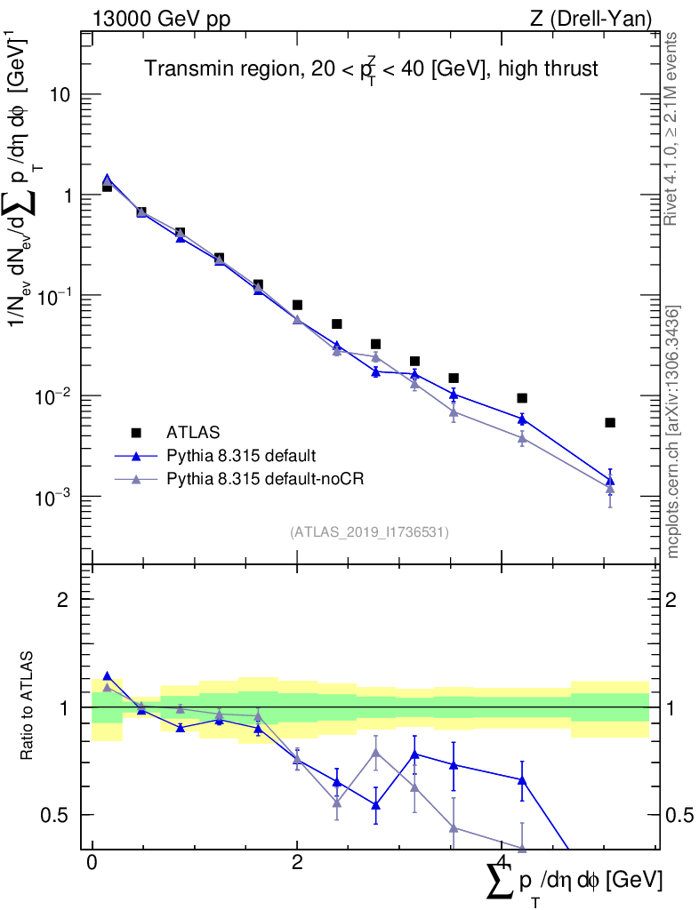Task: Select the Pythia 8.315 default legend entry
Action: (x=240, y=456)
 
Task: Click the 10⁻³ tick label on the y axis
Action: (x=52, y=496)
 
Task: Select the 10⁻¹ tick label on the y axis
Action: (x=52, y=295)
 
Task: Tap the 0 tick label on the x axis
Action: (x=92, y=864)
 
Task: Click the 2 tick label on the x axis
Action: (x=297, y=864)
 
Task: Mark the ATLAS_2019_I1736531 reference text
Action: (x=369, y=532)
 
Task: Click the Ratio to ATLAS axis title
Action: (x=28, y=707)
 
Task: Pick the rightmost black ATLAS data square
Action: (x=610, y=422)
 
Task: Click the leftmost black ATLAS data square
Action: (x=107, y=187)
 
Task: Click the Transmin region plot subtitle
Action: (x=371, y=68)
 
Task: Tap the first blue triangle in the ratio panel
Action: (x=107, y=676)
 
